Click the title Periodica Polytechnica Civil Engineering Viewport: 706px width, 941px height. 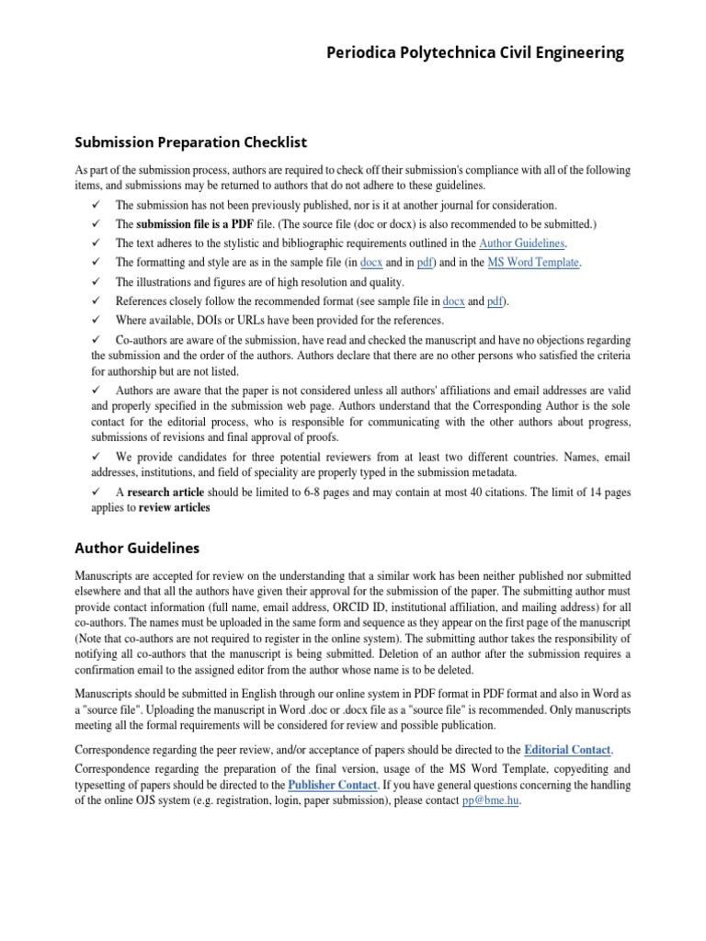(475, 53)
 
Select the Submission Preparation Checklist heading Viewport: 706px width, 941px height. (189, 142)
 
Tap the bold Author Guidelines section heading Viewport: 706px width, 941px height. (136, 549)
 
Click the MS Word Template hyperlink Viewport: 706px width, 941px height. (533, 263)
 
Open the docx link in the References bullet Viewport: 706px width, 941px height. (453, 301)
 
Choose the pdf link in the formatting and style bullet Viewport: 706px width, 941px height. (424, 263)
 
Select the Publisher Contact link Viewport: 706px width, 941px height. (332, 785)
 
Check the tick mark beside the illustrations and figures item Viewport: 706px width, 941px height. (96, 282)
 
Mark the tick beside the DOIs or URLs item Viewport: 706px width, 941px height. (96, 321)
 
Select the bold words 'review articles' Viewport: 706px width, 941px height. (174, 508)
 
